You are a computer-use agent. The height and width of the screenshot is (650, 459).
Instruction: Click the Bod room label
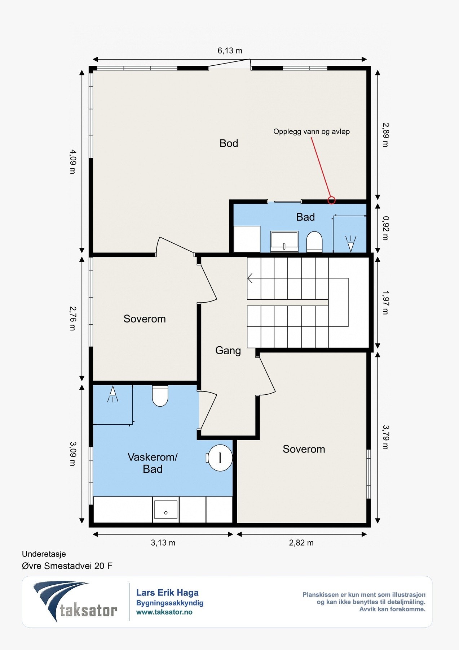(229, 143)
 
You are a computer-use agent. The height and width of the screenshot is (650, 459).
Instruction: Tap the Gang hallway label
(228, 350)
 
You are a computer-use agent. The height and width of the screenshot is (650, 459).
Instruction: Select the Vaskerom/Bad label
(153, 463)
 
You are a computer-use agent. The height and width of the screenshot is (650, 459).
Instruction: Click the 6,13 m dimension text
(230, 51)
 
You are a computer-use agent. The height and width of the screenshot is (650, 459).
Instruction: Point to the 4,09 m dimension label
(73, 161)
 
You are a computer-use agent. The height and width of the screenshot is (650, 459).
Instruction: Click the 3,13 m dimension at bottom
(163, 543)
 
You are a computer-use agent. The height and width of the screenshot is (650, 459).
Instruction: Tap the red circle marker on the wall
(331, 200)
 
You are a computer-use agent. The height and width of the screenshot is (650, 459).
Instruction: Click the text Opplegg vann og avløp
(312, 131)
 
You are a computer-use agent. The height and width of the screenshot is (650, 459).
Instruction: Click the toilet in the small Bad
(314, 242)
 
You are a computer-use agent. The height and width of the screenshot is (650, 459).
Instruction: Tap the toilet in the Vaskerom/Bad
(160, 396)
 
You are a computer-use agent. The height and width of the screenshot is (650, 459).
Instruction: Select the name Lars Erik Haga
(167, 593)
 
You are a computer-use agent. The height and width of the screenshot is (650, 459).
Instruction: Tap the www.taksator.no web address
(164, 612)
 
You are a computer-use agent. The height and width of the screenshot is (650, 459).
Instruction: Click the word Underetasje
(44, 554)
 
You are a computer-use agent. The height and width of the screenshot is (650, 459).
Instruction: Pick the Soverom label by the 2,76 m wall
(145, 319)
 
